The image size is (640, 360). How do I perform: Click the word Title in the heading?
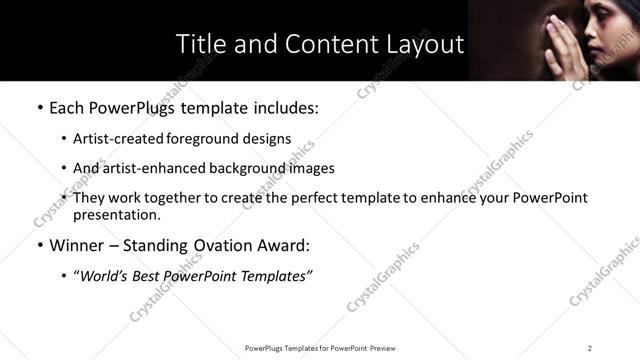pos(198,45)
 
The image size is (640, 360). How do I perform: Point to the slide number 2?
pos(590,347)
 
